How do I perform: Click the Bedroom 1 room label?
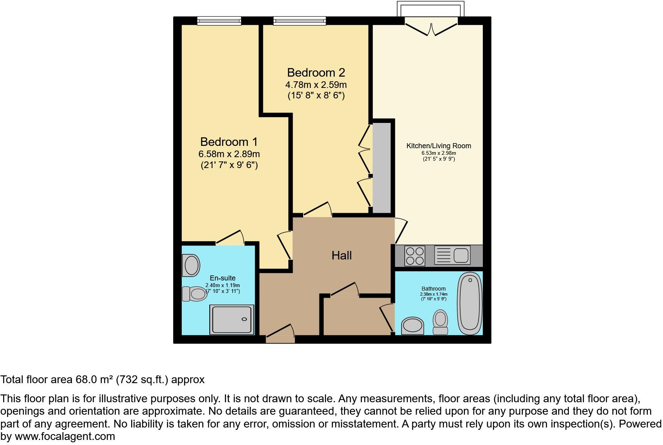229,142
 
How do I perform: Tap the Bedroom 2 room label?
316,73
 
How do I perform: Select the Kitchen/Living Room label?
438,146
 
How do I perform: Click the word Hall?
342,255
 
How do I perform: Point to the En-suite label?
223,278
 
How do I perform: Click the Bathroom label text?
433,289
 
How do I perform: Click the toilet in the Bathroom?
440,322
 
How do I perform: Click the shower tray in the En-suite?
232,319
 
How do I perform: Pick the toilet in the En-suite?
195,294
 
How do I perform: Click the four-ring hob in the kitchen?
415,256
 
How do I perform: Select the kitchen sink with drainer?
452,256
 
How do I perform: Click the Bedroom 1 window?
219,21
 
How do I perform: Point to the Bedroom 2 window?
299,21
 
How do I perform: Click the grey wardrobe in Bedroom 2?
382,168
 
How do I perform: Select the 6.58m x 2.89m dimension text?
229,154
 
